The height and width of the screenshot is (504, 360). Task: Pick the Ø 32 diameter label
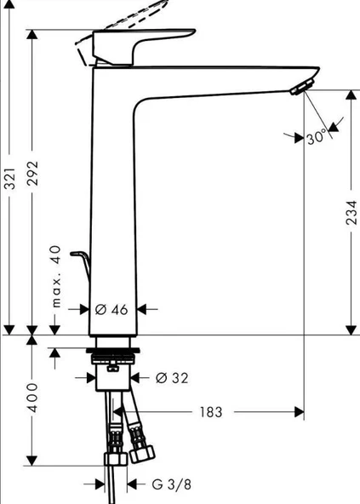173,377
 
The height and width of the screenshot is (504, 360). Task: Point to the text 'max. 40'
56,278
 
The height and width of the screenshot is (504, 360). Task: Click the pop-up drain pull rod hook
82,256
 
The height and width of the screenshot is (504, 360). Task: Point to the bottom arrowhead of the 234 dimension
350,329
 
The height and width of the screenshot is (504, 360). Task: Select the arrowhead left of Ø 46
85,309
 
